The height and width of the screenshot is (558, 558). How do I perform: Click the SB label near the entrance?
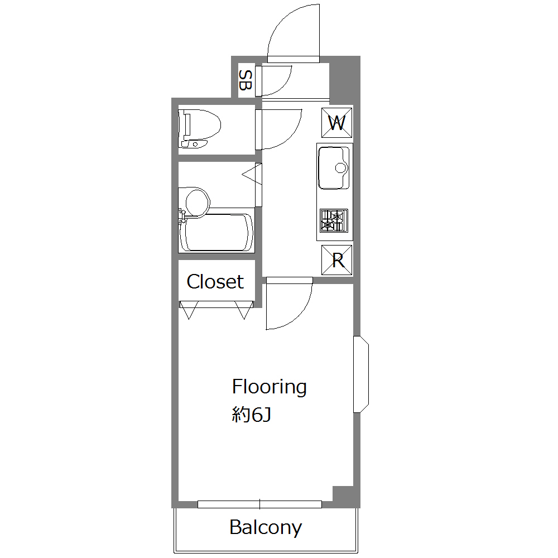245,80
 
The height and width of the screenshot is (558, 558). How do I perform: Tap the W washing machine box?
336,123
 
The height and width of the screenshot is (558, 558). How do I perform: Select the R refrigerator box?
336,260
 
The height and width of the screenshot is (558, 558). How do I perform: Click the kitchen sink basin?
334,167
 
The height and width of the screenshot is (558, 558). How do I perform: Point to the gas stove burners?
334,220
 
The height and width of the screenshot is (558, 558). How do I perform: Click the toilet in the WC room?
199,128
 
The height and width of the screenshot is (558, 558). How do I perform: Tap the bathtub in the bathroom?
217,232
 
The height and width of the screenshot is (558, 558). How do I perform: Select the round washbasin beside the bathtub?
197,201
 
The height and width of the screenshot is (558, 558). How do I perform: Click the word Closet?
215,282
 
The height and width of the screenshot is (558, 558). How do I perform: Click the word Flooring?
269,387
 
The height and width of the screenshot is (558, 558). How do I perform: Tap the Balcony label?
266,527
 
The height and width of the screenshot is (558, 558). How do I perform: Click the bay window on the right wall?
361,374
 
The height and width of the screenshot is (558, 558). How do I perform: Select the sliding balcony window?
260,504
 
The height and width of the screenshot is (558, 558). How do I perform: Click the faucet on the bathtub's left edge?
182,216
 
